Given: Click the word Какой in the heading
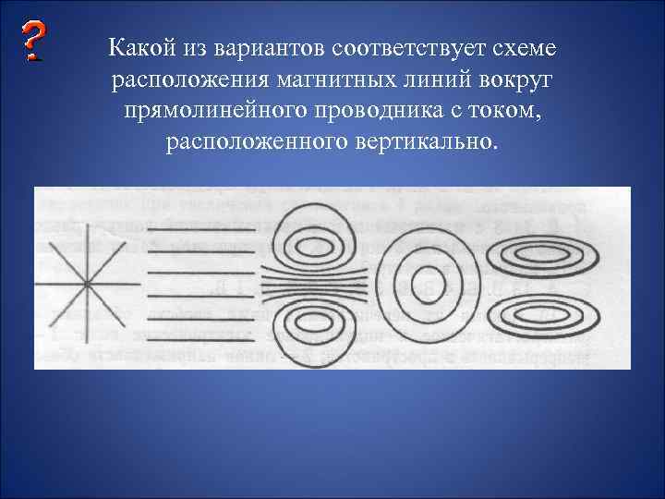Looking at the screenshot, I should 135,47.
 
